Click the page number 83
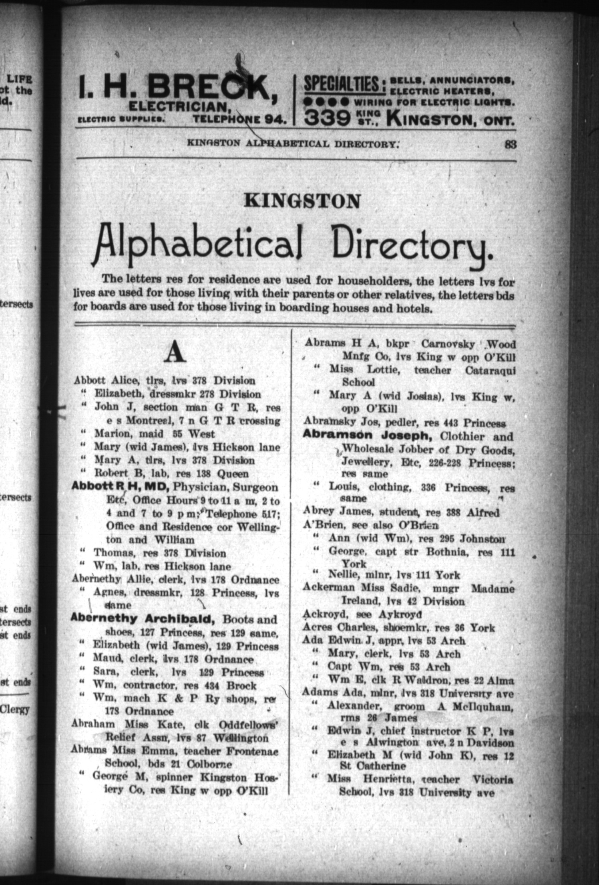tap(510, 144)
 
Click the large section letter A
tap(175, 353)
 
